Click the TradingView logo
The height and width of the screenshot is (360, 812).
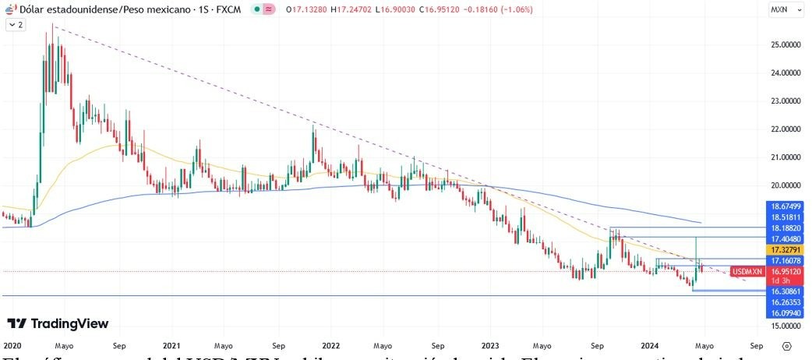click(58, 323)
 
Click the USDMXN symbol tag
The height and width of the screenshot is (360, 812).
click(747, 271)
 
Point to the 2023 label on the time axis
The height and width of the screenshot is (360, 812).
click(490, 344)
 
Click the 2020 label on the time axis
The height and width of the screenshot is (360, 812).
click(12, 344)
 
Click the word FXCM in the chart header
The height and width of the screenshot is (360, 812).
click(229, 9)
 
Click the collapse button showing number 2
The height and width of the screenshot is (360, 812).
click(16, 25)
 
